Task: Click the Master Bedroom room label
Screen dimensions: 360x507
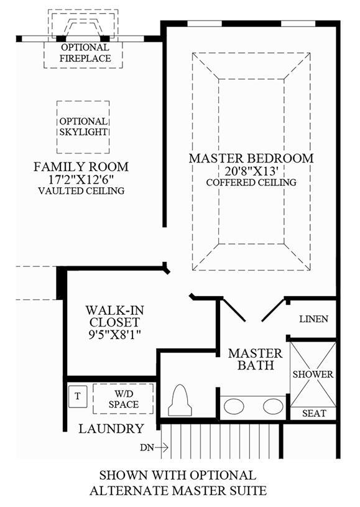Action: (x=251, y=159)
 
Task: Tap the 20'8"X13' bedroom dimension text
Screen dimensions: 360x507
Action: (x=251, y=170)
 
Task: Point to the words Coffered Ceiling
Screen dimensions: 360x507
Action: (x=251, y=182)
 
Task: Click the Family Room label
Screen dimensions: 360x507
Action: (x=81, y=167)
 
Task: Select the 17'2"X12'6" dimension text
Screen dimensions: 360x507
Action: (x=81, y=179)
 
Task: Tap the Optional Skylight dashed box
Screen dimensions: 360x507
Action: (x=83, y=101)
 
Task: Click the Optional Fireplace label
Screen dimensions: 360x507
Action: (x=85, y=53)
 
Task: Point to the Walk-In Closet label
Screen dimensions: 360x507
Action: (x=115, y=316)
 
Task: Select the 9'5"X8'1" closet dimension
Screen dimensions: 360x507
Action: (x=115, y=334)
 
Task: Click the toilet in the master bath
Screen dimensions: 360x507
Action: (x=180, y=400)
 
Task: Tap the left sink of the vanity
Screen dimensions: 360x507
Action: (x=234, y=406)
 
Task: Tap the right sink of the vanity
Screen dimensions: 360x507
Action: (x=273, y=406)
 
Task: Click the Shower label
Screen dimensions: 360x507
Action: (x=313, y=374)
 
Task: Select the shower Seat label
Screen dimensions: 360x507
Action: (x=314, y=413)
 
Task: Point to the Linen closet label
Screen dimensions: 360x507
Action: (x=313, y=319)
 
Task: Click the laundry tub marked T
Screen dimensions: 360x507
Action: (x=78, y=397)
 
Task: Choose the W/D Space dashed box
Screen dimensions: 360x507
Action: (x=123, y=399)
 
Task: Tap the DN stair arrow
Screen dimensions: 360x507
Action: (x=161, y=448)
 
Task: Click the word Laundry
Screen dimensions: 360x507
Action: (x=111, y=429)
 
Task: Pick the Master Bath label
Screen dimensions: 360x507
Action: (x=256, y=359)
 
